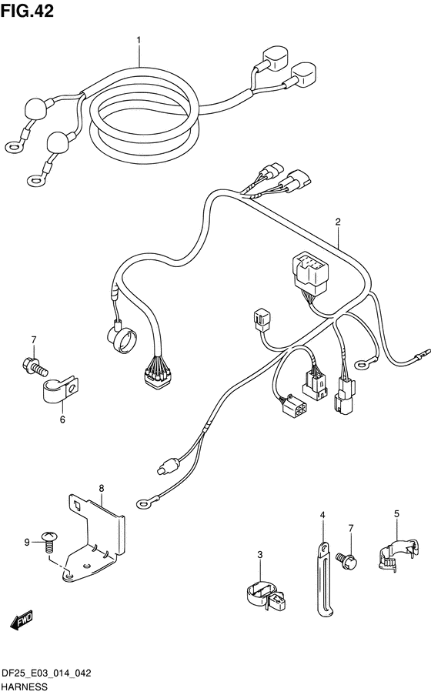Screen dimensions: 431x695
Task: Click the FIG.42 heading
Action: coord(28,11)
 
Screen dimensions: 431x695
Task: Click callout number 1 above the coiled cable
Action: coord(139,40)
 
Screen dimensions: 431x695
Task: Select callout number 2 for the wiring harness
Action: coord(338,222)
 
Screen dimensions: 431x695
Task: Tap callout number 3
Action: coord(260,554)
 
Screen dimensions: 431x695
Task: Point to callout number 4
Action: coord(322,515)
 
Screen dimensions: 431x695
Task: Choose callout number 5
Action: coord(396,513)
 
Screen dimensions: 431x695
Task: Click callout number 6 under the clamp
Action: coord(62,419)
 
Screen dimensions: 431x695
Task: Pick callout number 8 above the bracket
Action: coord(102,489)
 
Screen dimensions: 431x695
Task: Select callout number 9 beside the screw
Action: coord(27,542)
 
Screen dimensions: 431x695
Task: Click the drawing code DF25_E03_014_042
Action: coord(46,673)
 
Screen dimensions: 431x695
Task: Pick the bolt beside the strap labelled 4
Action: coord(346,560)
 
